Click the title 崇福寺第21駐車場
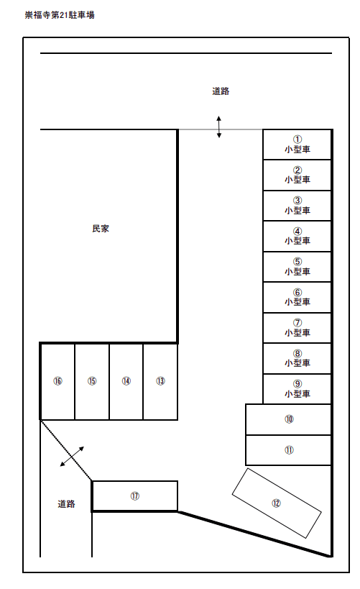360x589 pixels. pyautogui.click(x=60, y=15)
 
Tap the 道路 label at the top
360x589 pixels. pyautogui.click(x=221, y=91)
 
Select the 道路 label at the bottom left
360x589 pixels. pyautogui.click(x=66, y=503)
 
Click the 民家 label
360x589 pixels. pyautogui.click(x=101, y=229)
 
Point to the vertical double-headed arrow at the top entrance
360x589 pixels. pyautogui.click(x=219, y=127)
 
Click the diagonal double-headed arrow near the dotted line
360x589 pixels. pyautogui.click(x=72, y=457)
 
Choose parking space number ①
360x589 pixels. pyautogui.click(x=297, y=145)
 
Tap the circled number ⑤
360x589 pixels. pyautogui.click(x=297, y=262)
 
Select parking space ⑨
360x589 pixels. pyautogui.click(x=297, y=389)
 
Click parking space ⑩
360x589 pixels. pyautogui.click(x=288, y=419)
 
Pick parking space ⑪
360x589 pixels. pyautogui.click(x=288, y=450)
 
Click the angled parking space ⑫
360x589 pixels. pyautogui.click(x=277, y=503)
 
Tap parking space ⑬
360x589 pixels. pyautogui.click(x=160, y=381)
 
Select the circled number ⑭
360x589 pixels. pyautogui.click(x=126, y=381)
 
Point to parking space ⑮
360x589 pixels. pyautogui.click(x=92, y=381)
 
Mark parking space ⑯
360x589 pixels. pyautogui.click(x=57, y=381)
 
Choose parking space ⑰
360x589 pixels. pyautogui.click(x=135, y=496)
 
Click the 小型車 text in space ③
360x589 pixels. pyautogui.click(x=297, y=210)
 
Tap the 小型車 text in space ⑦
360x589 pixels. pyautogui.click(x=297, y=333)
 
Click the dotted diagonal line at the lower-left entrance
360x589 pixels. pyautogui.click(x=66, y=450)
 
